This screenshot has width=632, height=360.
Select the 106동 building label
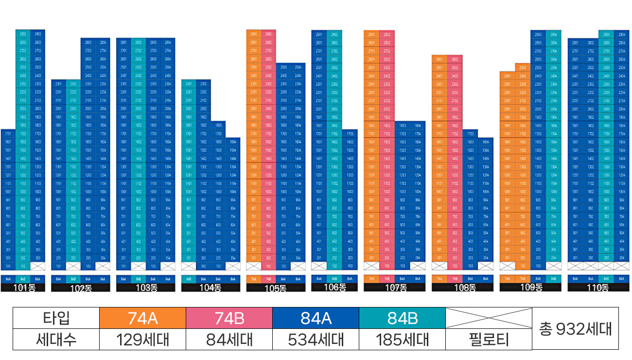(x=334, y=287)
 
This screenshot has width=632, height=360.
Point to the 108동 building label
(x=465, y=287)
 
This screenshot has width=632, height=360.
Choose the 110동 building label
(x=597, y=287)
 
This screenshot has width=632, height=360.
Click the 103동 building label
(x=146, y=287)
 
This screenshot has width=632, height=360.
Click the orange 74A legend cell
(x=142, y=318)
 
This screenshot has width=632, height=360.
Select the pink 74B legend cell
(x=229, y=318)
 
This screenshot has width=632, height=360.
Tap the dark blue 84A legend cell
(x=316, y=318)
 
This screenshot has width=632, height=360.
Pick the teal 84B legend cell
(x=402, y=318)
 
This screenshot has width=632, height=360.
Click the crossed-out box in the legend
(x=489, y=318)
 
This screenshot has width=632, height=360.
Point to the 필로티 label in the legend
(x=489, y=340)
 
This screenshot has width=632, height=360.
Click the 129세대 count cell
(x=142, y=340)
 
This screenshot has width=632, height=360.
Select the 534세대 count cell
(x=316, y=340)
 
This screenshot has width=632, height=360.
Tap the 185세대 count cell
(x=402, y=340)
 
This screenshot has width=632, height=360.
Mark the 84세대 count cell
(x=229, y=340)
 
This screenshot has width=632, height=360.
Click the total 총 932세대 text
(x=575, y=329)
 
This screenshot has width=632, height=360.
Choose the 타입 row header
(x=56, y=318)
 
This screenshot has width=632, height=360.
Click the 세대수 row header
(x=56, y=340)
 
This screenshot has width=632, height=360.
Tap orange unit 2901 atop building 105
(x=254, y=35)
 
